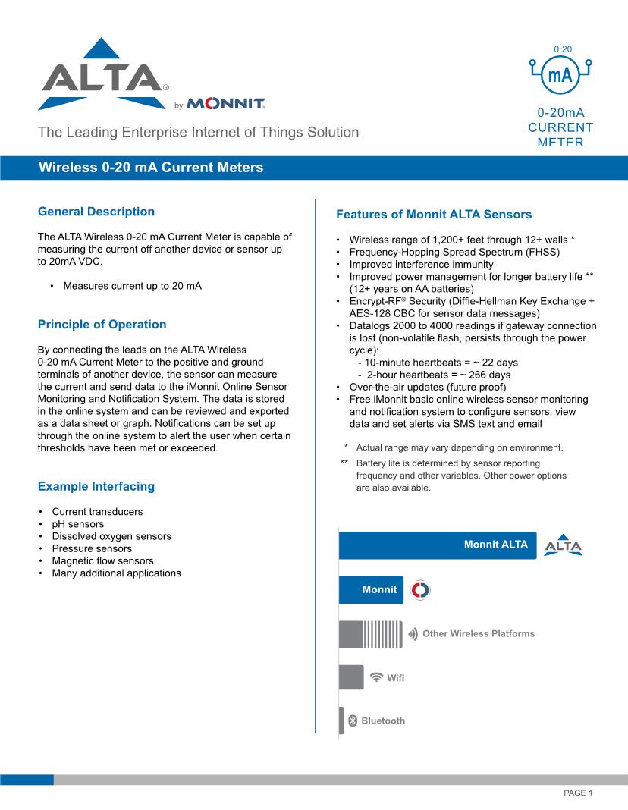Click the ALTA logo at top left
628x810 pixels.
click(x=101, y=76)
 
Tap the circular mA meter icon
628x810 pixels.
click(x=560, y=74)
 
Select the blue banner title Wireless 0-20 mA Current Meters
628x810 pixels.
click(x=151, y=167)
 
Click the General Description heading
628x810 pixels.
click(x=96, y=212)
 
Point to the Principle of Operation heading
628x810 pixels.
click(x=102, y=325)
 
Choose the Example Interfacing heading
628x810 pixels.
click(x=96, y=486)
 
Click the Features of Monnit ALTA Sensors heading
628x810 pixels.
click(x=434, y=215)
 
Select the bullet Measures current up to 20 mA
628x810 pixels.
click(x=132, y=286)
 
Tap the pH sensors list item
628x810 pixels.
click(x=77, y=524)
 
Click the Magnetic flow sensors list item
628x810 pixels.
click(x=102, y=560)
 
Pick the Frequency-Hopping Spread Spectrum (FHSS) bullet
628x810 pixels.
click(x=454, y=252)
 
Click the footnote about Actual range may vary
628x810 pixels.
click(x=459, y=447)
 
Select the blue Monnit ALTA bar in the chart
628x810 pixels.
click(x=437, y=545)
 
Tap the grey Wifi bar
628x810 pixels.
click(x=350, y=677)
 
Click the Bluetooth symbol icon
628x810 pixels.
click(x=352, y=721)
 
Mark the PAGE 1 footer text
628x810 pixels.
click(x=577, y=793)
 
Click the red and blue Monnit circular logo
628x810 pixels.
click(x=419, y=590)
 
